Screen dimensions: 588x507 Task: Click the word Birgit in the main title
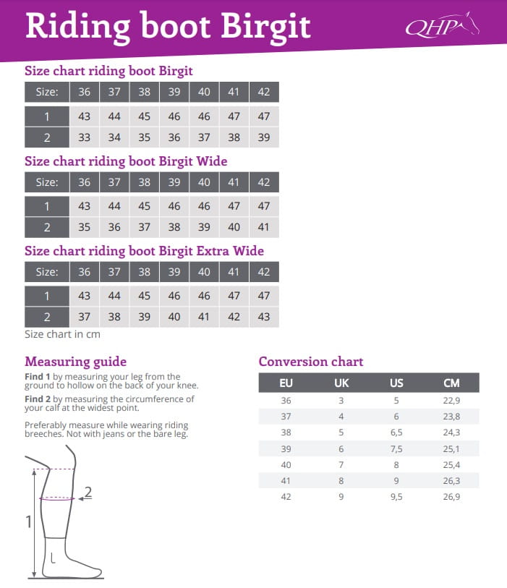pyautogui.click(x=265, y=27)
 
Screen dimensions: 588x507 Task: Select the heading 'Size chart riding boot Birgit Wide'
pyautogui.click(x=126, y=161)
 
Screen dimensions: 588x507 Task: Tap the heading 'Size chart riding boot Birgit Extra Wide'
pyautogui.click(x=144, y=251)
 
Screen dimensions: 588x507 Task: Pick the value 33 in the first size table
pyautogui.click(x=85, y=137)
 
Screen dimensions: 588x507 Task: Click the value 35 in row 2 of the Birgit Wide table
pyautogui.click(x=85, y=227)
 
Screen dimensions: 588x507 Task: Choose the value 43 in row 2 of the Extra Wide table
pyautogui.click(x=263, y=317)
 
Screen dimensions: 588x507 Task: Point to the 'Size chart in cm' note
pyautogui.click(x=62, y=334)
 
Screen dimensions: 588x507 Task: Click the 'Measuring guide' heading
pyautogui.click(x=75, y=362)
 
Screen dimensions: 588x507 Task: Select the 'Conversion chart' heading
pyautogui.click(x=311, y=362)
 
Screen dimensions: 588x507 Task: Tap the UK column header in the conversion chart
pyautogui.click(x=341, y=383)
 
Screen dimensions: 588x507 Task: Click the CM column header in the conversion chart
pyautogui.click(x=451, y=383)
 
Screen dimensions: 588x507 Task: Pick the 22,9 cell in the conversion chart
pyautogui.click(x=451, y=400)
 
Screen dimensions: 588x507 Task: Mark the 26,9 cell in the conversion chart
pyautogui.click(x=451, y=496)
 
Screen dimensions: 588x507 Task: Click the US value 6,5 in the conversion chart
pyautogui.click(x=396, y=432)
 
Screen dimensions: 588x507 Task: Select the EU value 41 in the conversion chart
pyautogui.click(x=286, y=480)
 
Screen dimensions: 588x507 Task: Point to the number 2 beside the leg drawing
pyautogui.click(x=88, y=493)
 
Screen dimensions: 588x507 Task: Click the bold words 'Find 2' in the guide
pyautogui.click(x=37, y=399)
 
